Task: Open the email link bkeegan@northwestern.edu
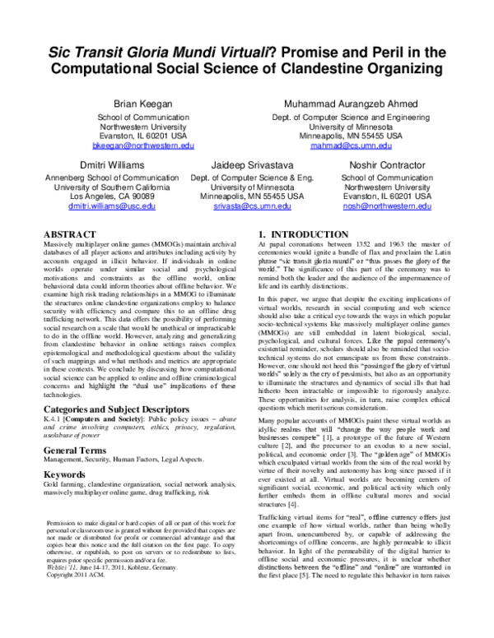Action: (132, 146)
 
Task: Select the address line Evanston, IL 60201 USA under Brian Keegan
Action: (132, 136)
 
